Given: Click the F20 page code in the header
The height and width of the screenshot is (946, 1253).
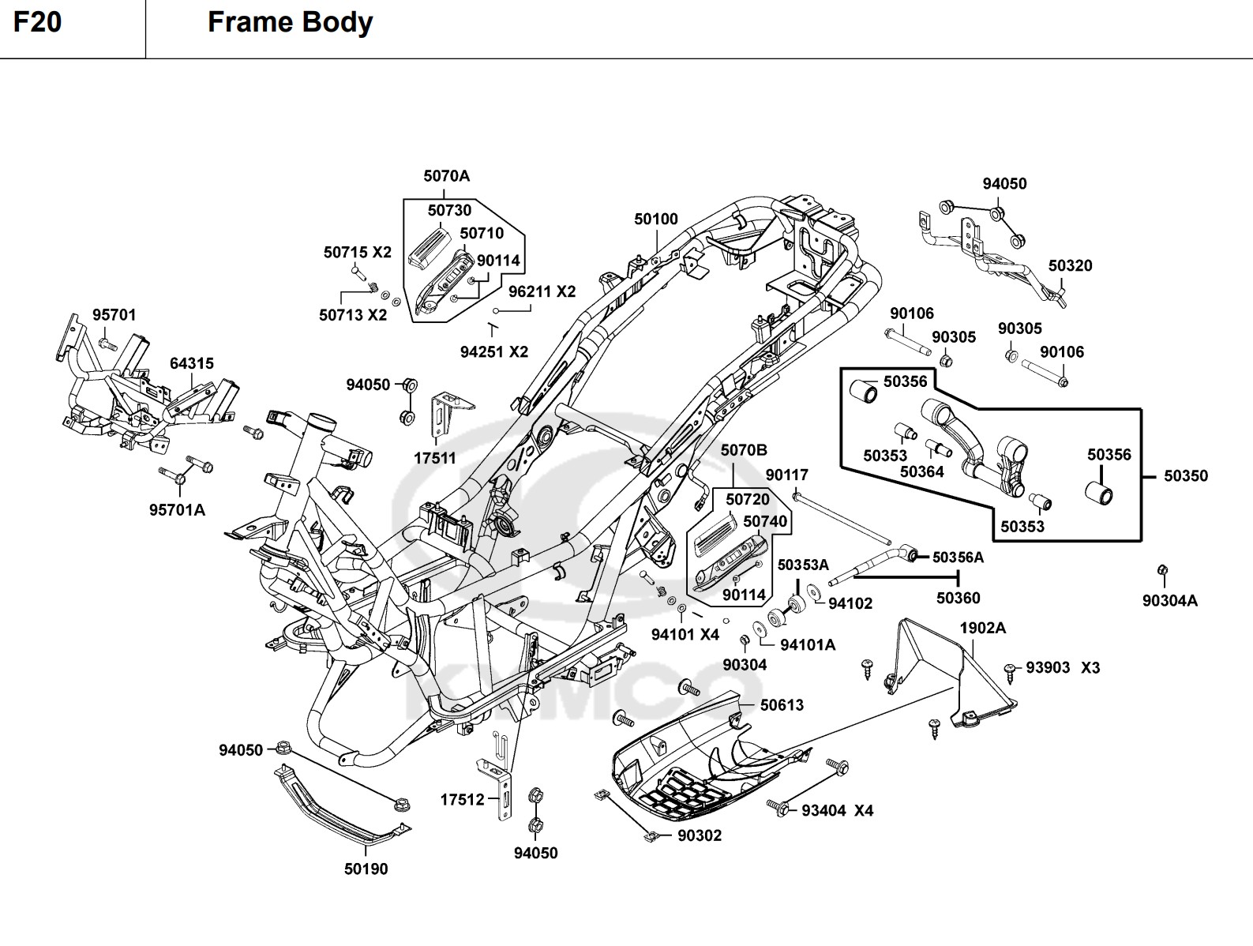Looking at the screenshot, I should pos(37,22).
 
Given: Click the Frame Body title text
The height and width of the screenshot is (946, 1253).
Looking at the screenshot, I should pos(290,22).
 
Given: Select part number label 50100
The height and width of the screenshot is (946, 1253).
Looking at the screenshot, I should pos(656,219).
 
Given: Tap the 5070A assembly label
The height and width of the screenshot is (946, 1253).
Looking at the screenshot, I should pos(446,175).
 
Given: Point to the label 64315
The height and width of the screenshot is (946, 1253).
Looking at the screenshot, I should pos(192,363).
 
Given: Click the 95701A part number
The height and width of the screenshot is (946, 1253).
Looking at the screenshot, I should pos(177,510).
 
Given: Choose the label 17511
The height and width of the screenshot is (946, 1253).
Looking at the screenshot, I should pos(434,458).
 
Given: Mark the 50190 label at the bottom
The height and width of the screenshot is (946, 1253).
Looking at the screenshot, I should pos(366,869).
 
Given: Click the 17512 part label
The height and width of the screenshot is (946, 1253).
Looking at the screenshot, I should pos(462,800).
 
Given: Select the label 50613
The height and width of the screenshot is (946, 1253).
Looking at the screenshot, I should pos(782,704).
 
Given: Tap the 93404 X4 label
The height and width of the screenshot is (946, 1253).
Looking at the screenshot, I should pos(837,810).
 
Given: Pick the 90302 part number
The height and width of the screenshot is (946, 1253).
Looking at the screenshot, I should pos(700,835).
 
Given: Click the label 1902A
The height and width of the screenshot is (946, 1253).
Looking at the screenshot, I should pos(983,628).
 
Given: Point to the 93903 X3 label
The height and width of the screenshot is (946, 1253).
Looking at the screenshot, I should pos(1063,667).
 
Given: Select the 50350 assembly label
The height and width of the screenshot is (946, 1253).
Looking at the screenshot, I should pos(1186,475).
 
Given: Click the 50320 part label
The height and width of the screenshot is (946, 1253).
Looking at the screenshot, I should pos(1070,265).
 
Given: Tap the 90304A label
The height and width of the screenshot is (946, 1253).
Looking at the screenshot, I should pos(1169,601).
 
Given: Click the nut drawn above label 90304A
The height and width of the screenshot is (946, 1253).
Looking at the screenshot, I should pos(1162,570).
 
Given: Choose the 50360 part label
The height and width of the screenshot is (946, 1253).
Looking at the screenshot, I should pos(958,598).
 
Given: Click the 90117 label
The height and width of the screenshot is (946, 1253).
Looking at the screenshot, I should pos(787,475).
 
